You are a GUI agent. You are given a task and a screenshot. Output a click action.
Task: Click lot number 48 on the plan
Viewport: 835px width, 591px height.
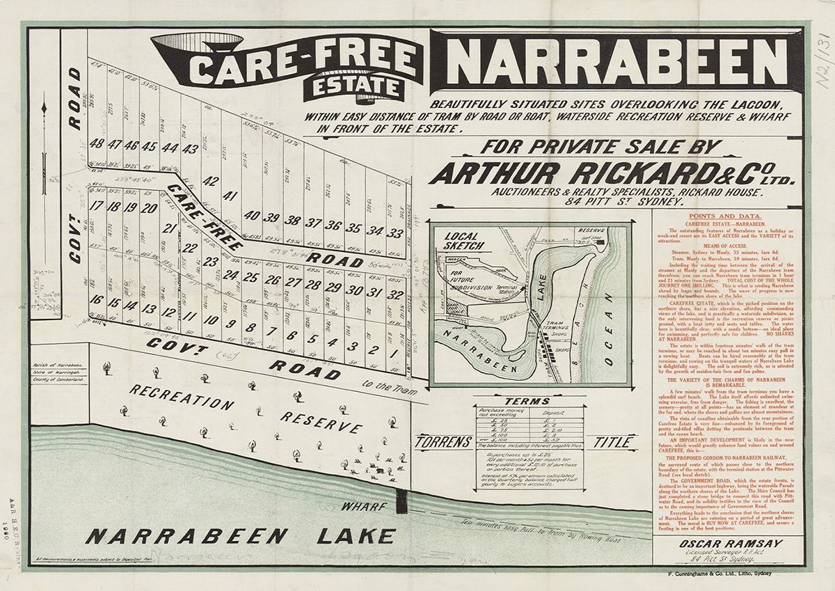click(97, 145)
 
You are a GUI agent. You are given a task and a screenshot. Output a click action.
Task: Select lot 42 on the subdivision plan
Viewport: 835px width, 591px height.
click(210, 182)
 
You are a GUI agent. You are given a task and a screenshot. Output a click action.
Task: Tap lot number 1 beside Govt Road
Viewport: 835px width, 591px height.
click(394, 353)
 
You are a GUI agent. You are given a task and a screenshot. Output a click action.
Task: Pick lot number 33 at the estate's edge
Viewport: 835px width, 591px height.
click(396, 232)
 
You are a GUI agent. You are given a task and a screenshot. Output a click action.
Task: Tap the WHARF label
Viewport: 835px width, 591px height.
click(361, 507)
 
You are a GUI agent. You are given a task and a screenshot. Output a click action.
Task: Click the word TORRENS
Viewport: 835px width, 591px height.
click(439, 442)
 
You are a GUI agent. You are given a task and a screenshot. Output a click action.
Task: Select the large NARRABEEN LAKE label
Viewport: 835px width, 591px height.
click(240, 537)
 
